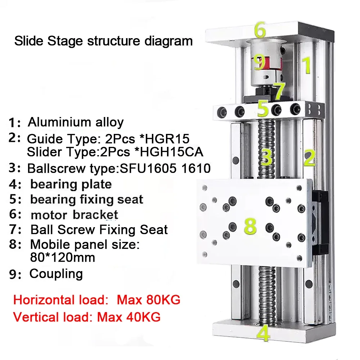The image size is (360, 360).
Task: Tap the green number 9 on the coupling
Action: click(259, 62)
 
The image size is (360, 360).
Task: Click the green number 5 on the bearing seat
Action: click(263, 108)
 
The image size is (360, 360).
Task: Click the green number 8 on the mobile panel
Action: click(250, 226)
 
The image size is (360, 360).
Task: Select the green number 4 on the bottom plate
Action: click(264, 333)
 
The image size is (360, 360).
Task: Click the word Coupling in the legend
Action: click(56, 274)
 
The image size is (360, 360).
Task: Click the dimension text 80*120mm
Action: click(63, 257)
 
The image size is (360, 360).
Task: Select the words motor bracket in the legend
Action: click(75, 215)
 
